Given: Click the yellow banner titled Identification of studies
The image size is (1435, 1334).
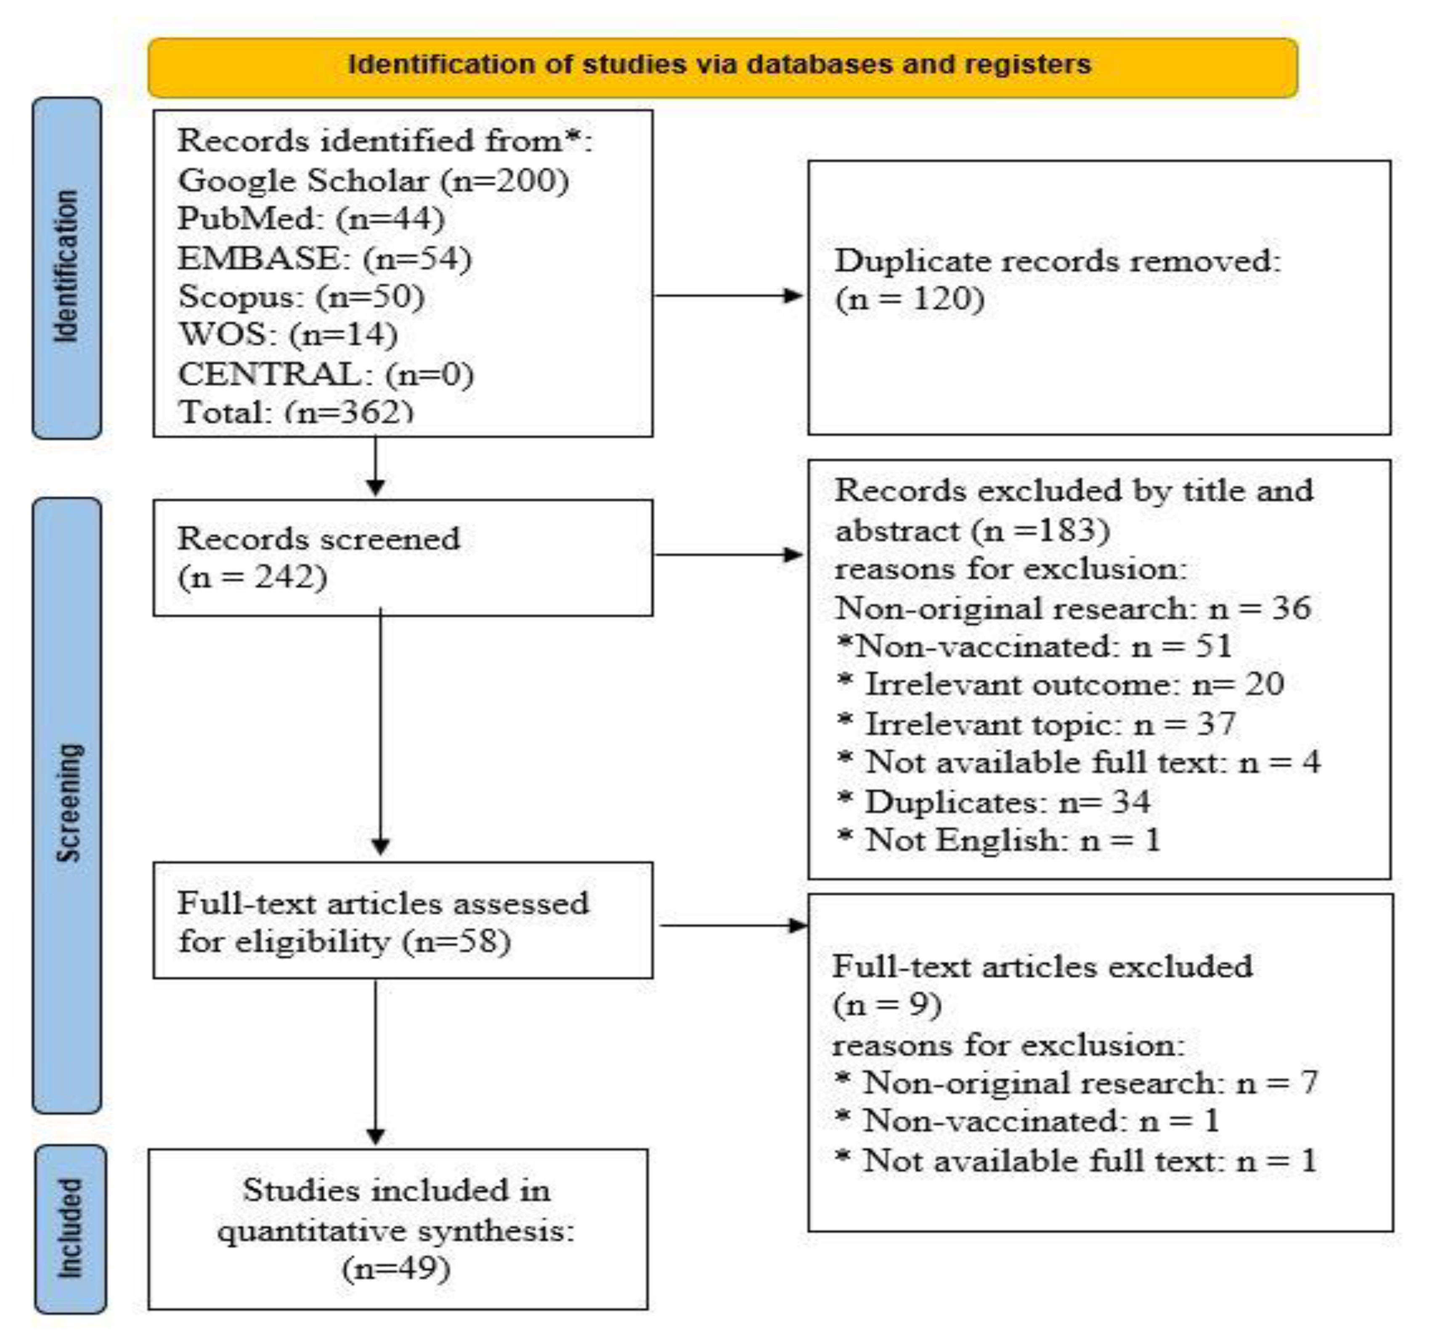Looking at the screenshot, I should point(722,67).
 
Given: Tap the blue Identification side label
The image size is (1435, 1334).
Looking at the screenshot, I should point(66,267).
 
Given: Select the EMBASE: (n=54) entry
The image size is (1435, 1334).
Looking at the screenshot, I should point(325,258).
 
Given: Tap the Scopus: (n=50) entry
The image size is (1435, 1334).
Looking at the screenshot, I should point(301,297).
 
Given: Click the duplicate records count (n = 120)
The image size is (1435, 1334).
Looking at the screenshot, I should point(910,299).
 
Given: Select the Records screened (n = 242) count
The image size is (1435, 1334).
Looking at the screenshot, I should point(253,578).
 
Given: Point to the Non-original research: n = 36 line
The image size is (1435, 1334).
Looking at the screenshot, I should point(1072,608).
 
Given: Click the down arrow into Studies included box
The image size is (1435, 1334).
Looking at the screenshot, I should point(375,1061).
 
